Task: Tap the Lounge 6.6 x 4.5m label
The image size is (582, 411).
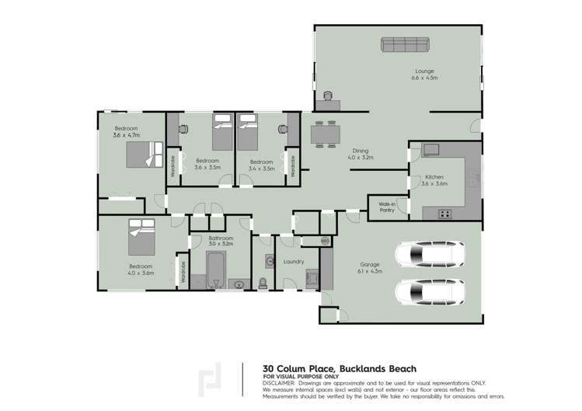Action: (x=425, y=75)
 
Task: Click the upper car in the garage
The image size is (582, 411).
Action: (x=429, y=254)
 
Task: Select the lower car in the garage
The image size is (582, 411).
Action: (x=429, y=293)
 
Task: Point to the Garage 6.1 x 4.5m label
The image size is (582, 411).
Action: (x=370, y=267)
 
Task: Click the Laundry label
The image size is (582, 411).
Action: (x=294, y=262)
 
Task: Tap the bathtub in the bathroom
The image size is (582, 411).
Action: (x=215, y=268)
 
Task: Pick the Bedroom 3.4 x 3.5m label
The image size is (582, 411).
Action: (x=260, y=165)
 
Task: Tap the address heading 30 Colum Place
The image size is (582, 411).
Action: (x=340, y=368)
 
